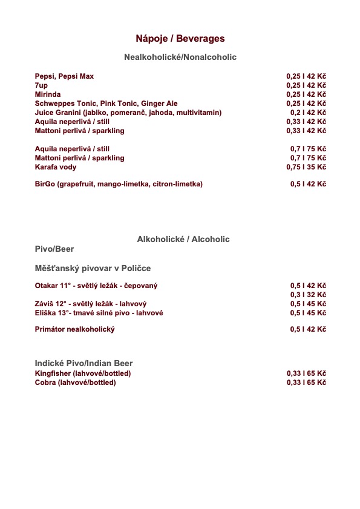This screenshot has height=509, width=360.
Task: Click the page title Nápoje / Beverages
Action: click(180, 39)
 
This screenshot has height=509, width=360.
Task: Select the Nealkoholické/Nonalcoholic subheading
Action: click(180, 57)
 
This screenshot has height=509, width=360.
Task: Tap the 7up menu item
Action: click(41, 85)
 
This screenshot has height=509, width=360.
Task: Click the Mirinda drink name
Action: click(48, 94)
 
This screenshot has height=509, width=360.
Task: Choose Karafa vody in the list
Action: click(56, 167)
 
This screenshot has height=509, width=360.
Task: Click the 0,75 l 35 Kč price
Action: click(306, 167)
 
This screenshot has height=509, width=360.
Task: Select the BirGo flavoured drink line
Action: click(119, 183)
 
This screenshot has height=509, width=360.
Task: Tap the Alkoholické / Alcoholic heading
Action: click(183, 239)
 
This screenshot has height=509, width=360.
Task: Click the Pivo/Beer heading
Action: click(54, 249)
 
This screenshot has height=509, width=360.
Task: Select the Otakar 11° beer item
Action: click(96, 286)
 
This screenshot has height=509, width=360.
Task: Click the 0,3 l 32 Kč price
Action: click(308, 295)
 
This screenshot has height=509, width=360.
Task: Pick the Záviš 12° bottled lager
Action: click(91, 304)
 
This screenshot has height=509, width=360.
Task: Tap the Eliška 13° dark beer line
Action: click(99, 313)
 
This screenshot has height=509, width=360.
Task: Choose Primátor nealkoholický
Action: click(75, 329)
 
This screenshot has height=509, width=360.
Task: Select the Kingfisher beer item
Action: click(83, 373)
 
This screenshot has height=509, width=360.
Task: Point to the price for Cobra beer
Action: click(306, 383)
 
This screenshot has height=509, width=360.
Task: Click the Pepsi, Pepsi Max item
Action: click(64, 76)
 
